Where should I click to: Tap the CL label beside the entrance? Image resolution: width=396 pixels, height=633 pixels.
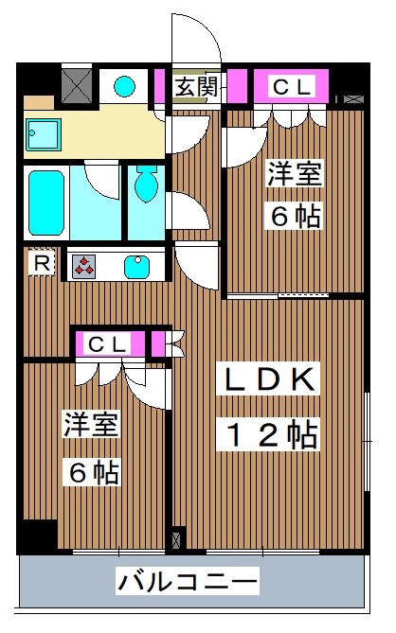click(x=292, y=87)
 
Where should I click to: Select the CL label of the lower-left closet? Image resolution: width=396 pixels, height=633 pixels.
click(x=107, y=344)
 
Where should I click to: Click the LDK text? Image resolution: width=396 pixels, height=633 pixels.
click(x=268, y=380)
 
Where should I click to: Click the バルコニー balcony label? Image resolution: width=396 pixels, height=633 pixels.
click(x=188, y=580)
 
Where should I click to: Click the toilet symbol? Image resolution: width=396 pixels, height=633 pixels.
click(x=147, y=185)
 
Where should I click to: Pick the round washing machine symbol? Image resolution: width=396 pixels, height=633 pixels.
click(x=125, y=86)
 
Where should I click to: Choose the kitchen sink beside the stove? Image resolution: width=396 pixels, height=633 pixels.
click(x=138, y=266)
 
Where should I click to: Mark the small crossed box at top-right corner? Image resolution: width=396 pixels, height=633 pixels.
click(x=351, y=98)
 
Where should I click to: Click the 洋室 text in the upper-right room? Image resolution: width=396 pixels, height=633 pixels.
click(x=293, y=176)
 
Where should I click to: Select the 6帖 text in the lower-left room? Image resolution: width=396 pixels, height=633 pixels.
click(x=92, y=470)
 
